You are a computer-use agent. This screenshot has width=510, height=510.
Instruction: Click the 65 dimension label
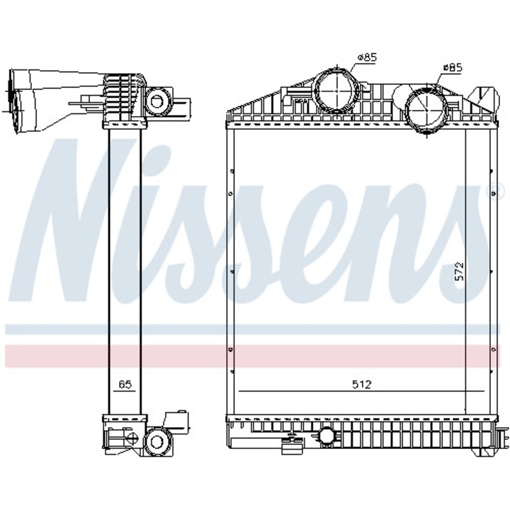(125, 385)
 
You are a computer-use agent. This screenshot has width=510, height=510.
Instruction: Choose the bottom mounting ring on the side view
(157, 442)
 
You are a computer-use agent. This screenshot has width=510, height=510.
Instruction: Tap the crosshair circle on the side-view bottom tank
(131, 439)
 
